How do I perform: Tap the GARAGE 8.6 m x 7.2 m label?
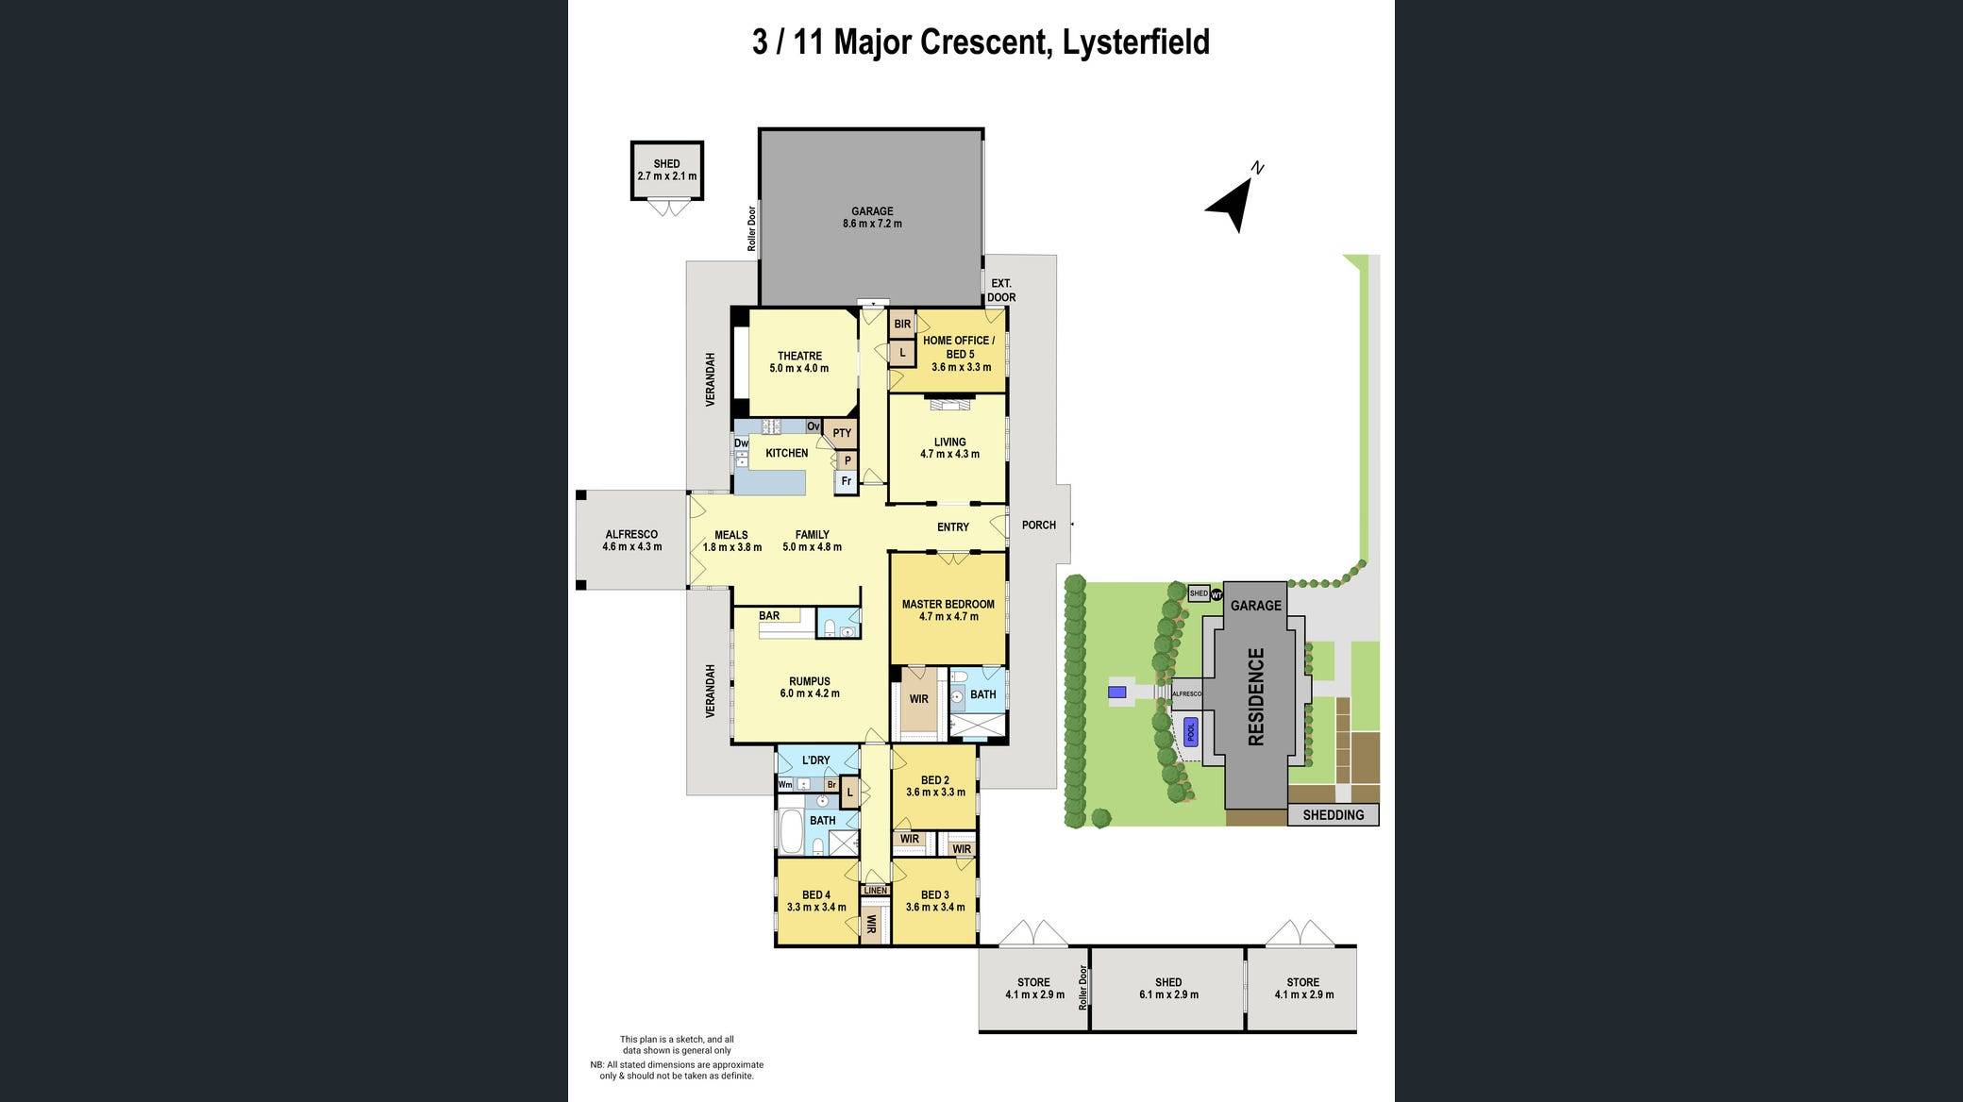coord(871,218)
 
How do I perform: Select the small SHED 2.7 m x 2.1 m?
coord(666,170)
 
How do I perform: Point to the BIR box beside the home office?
coord(902,324)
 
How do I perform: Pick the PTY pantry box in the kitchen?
coord(842,434)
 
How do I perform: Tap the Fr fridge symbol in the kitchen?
coord(847,481)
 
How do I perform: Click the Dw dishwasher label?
coord(741,443)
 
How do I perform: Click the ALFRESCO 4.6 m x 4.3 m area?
coord(631,540)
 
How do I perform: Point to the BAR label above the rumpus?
coord(769,616)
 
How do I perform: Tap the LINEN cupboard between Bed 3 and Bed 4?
coord(875,890)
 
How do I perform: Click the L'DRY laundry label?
coord(815,760)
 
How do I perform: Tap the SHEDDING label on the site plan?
coord(1333,815)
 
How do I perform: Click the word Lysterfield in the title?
coord(1135,42)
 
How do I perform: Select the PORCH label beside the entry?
coord(1038,525)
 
